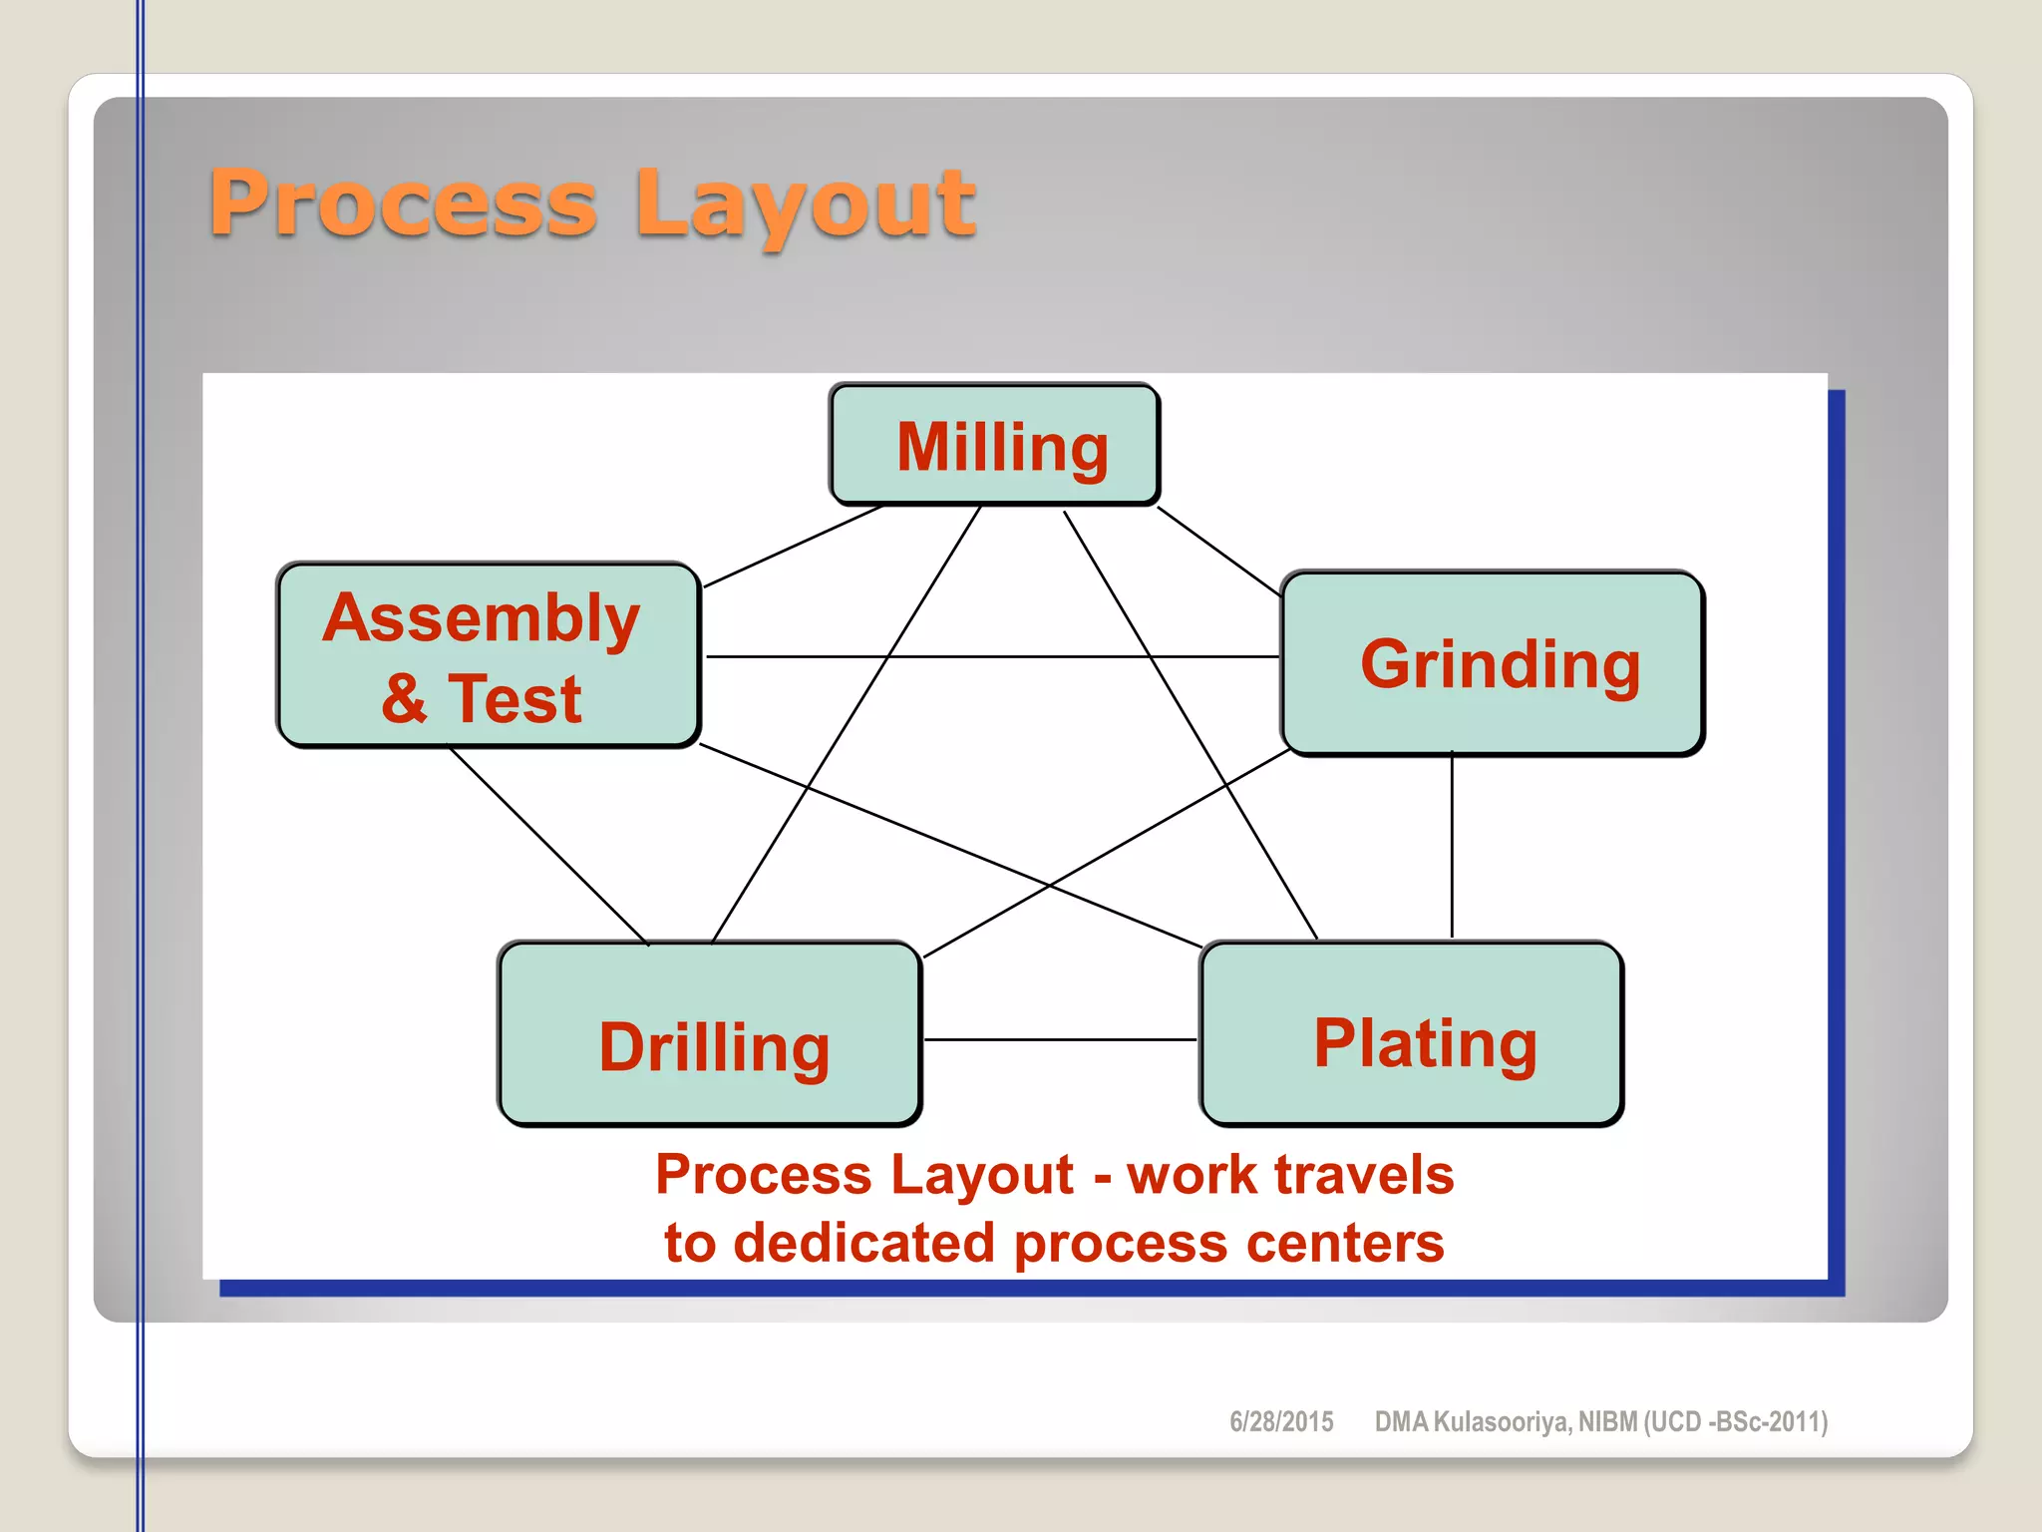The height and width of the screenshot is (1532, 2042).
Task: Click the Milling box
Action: [994, 445]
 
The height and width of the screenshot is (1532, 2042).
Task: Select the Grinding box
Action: [1492, 663]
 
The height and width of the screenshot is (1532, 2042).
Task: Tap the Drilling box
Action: [709, 1034]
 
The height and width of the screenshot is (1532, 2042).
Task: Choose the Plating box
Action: [1411, 1034]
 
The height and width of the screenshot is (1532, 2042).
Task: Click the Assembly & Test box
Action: [488, 655]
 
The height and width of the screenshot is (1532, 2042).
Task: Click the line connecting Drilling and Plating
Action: [1059, 1039]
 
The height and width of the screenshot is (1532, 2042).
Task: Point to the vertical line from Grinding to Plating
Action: [1452, 848]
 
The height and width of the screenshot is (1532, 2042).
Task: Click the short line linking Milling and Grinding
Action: [1218, 552]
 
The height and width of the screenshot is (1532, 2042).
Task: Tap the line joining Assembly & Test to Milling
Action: [793, 547]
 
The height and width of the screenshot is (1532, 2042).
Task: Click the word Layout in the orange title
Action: [806, 205]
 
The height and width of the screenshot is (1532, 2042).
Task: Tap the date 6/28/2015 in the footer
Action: [1281, 1421]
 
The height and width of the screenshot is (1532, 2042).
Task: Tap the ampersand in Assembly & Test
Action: [404, 698]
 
